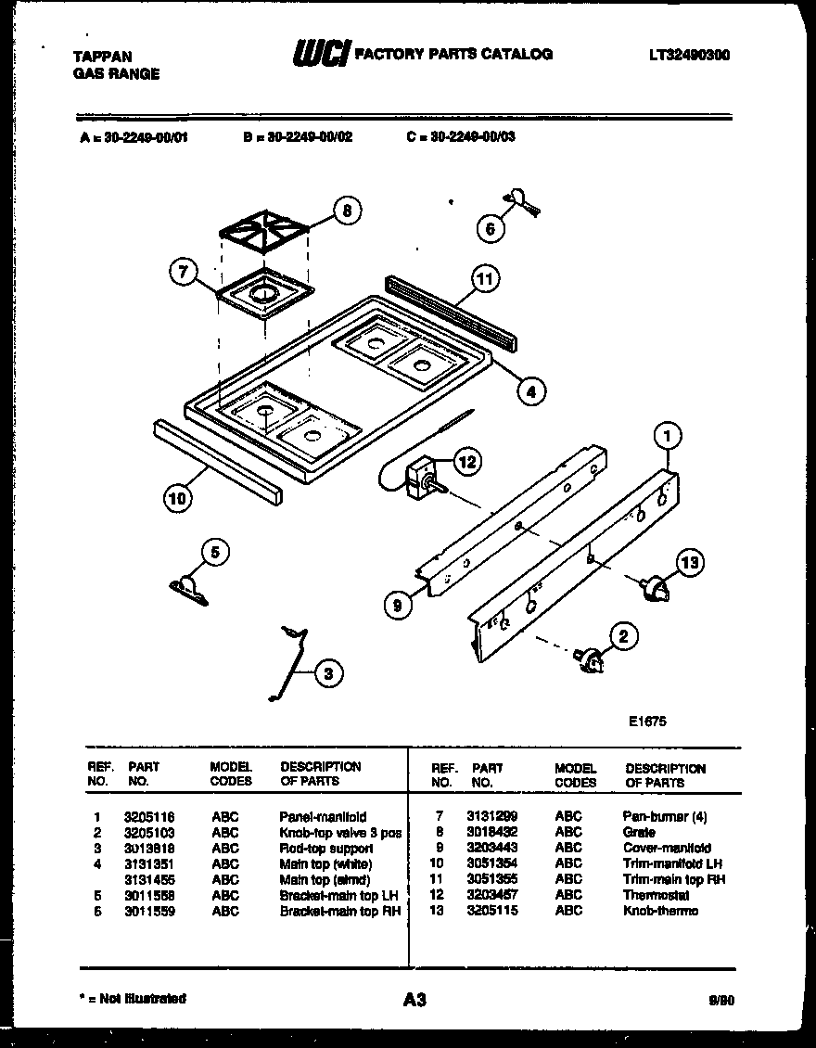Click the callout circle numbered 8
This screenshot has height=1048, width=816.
tap(346, 211)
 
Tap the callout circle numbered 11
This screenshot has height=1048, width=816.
tap(483, 277)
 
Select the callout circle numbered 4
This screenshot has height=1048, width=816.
tap(530, 391)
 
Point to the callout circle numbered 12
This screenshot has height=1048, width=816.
tap(468, 461)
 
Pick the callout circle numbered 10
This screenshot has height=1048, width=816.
tap(177, 498)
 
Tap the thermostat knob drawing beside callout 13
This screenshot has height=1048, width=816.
tap(655, 587)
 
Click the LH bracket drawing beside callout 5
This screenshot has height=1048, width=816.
tap(189, 588)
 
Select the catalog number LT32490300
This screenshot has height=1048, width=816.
tap(688, 55)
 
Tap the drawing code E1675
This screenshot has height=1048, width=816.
tap(646, 721)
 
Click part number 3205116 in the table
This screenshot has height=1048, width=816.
tap(148, 817)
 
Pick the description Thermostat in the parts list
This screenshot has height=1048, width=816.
tap(656, 896)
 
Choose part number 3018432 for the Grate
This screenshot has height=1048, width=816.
tap(491, 833)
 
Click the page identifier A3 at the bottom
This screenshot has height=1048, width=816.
tap(414, 999)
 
